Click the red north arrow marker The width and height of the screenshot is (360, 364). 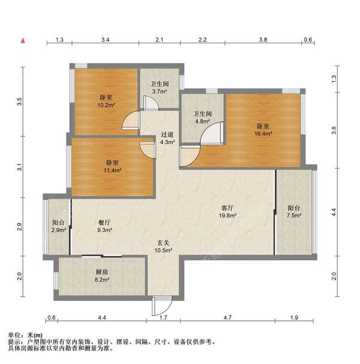23,40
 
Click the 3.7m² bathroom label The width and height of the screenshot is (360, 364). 159,88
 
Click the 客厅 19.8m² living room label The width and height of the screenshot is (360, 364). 227,211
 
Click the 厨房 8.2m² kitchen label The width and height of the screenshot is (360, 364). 101,275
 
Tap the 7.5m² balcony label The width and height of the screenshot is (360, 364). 293,211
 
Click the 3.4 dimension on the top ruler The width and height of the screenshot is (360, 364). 105,40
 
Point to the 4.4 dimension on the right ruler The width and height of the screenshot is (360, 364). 335,211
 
